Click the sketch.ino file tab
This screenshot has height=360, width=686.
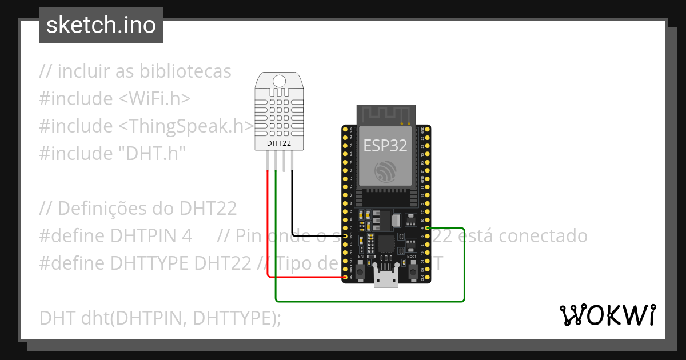pos(101,25)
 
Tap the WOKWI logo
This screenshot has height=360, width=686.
pos(607,315)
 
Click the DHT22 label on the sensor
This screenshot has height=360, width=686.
pos(279,143)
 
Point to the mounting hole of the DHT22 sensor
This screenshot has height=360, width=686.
pos(279,82)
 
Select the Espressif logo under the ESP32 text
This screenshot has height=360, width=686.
pos(385,172)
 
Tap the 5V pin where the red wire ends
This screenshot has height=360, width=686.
pos(345,278)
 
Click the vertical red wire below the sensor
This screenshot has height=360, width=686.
pos(267,223)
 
